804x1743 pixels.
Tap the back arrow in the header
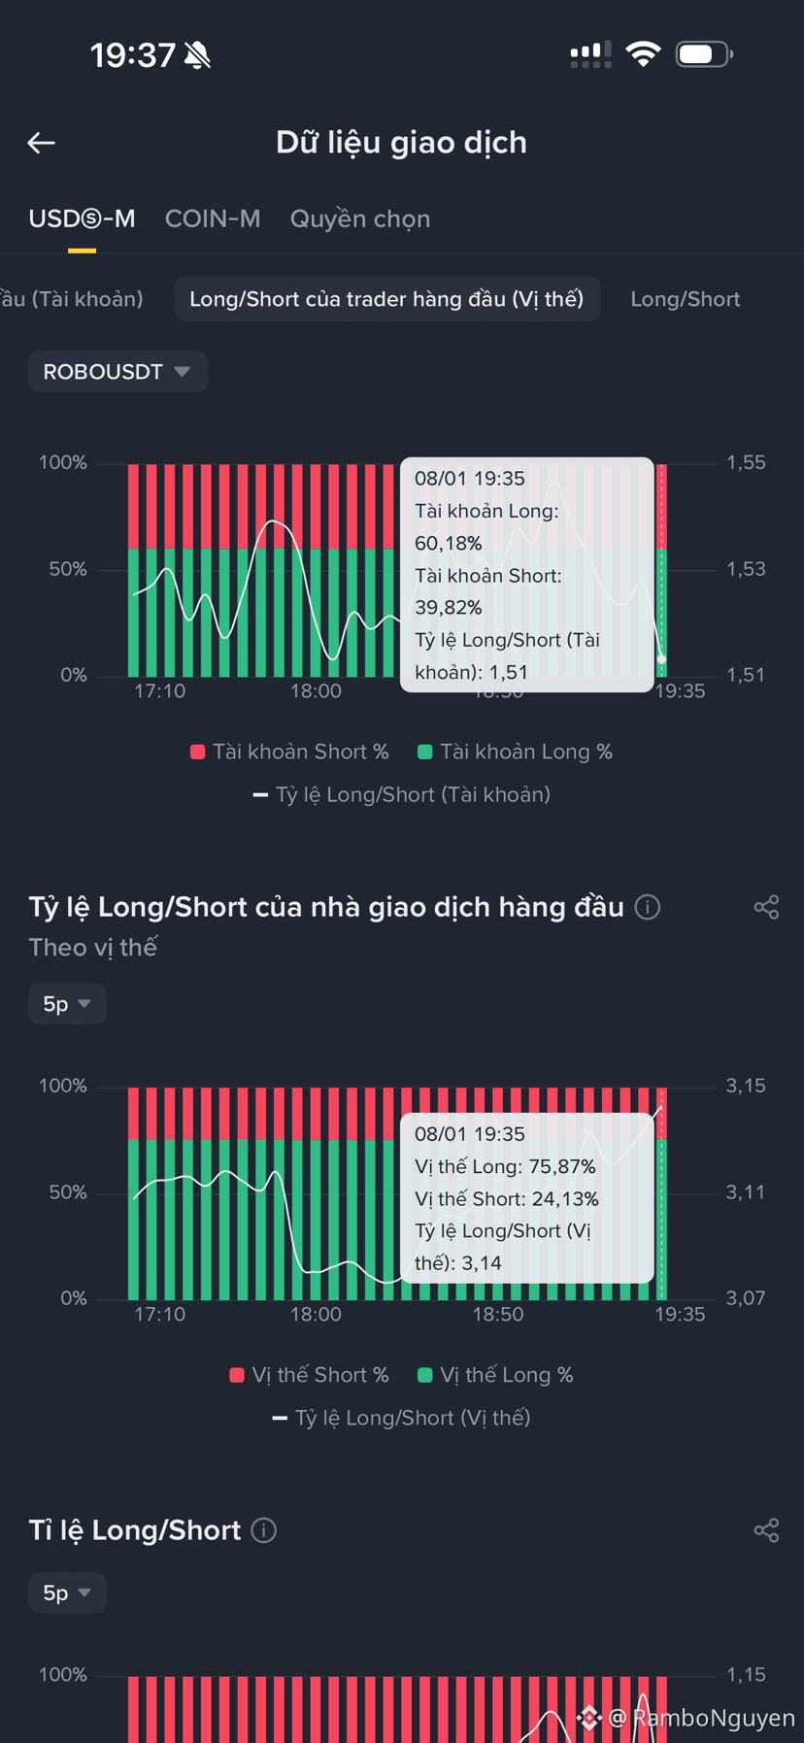[41, 143]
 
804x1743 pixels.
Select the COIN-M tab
[213, 218]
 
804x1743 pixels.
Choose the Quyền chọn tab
[360, 219]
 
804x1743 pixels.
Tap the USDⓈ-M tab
[82, 218]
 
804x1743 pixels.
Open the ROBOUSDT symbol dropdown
[117, 372]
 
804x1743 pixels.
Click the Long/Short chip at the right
[686, 299]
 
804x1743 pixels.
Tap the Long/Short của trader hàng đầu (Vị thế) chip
[386, 299]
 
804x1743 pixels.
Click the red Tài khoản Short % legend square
[198, 752]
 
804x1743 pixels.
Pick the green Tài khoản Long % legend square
[424, 752]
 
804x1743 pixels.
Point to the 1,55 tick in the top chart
[746, 463]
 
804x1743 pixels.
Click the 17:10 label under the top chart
[159, 691]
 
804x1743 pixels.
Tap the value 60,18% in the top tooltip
[449, 543]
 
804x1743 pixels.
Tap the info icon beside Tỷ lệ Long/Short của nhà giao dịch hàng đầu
[648, 907]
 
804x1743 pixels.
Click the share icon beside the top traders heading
[766, 907]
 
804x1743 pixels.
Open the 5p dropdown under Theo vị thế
[67, 1004]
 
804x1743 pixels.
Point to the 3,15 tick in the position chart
[746, 1087]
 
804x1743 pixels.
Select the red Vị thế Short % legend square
[237, 1375]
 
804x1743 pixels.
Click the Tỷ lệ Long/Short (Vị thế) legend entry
[401, 1418]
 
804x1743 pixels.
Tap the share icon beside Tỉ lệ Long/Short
[766, 1530]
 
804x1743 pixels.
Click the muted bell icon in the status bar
[198, 55]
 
